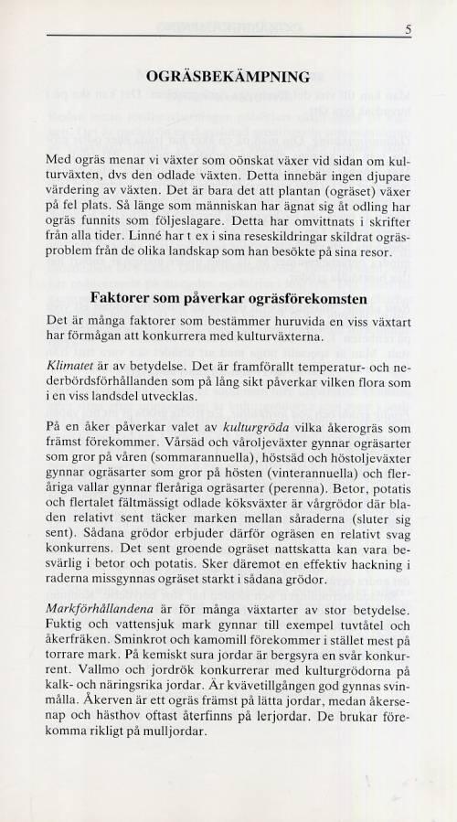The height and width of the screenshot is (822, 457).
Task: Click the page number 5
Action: tap(409, 29)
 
